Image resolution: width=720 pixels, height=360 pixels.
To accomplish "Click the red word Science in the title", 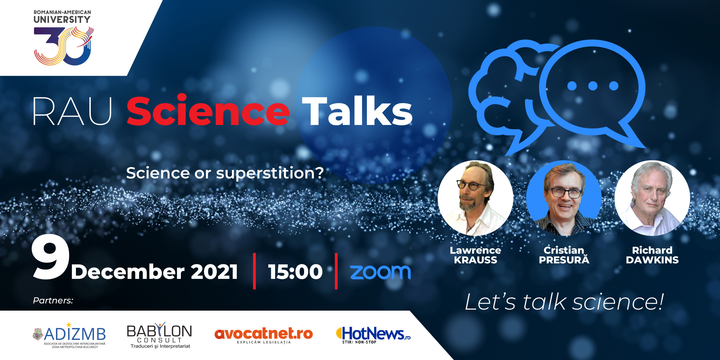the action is coord(208,110).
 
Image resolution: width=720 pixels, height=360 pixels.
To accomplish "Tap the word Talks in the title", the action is coord(357,111).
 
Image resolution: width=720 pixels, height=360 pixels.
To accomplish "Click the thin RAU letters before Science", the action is coord(72,111).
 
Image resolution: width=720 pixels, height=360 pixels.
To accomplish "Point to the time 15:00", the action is coord(295,272).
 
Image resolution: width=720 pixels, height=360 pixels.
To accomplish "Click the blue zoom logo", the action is coord(380,272).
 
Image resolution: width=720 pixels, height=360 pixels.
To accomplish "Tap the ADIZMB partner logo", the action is coord(69,335).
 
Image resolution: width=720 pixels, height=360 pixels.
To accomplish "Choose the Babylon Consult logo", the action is coord(159,336).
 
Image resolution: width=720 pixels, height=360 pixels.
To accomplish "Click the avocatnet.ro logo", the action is coord(264,335).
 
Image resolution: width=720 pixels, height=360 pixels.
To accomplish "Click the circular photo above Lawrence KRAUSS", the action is coord(476,198).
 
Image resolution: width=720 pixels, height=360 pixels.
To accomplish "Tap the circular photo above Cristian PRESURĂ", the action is coord(564,198).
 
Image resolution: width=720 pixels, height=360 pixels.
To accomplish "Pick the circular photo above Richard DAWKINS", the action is coord(652,198).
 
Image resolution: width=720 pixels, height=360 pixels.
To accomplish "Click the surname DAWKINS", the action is coord(652,260).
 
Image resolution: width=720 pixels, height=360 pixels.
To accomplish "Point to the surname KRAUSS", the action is coord(476,260).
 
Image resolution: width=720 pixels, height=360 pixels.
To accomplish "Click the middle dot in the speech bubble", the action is coord(593,86).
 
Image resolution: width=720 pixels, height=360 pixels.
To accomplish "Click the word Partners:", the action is coord(53,300).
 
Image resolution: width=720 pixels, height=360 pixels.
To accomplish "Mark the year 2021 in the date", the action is coord(214,272).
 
